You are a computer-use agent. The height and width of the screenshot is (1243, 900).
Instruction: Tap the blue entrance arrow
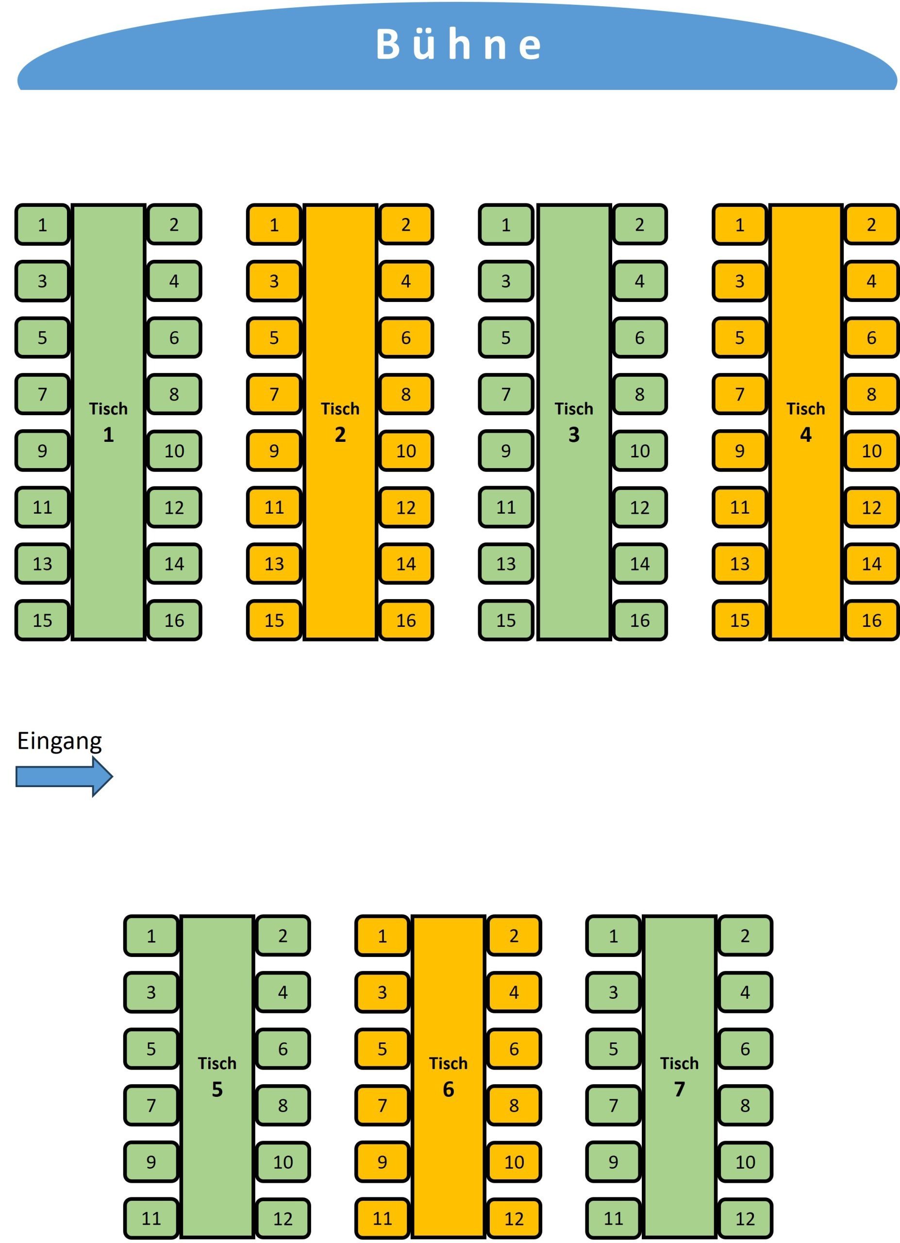(64, 776)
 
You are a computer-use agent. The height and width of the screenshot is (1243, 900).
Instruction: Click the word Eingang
(59, 740)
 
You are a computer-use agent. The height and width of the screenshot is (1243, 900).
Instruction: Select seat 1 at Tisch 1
(43, 225)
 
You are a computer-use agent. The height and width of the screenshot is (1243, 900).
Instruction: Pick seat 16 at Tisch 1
(174, 621)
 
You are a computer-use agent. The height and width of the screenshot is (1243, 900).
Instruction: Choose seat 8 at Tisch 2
(406, 394)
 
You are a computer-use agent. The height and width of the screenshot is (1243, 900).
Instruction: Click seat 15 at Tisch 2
(274, 621)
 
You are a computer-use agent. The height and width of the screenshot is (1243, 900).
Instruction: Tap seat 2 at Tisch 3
(639, 225)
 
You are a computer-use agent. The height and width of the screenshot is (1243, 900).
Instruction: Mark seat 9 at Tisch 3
(506, 451)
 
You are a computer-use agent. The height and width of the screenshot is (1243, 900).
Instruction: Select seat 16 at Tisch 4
(871, 621)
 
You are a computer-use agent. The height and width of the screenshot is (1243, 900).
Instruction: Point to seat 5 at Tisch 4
(739, 337)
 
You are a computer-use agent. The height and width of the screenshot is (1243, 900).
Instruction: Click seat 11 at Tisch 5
(151, 1218)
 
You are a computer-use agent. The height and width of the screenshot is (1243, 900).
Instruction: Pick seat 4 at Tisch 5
(283, 992)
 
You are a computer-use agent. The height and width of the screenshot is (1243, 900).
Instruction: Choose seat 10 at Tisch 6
(514, 1162)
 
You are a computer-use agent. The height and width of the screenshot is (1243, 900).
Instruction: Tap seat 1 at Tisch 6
(383, 936)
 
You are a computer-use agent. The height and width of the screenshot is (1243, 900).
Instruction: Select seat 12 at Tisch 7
(745, 1218)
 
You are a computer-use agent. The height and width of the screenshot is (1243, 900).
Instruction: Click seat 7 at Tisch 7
(614, 1106)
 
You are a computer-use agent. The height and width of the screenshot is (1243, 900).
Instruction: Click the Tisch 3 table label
(573, 422)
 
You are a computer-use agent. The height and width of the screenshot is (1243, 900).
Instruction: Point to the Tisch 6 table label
(448, 1076)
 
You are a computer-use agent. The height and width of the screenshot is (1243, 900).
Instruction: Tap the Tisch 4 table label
(805, 422)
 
